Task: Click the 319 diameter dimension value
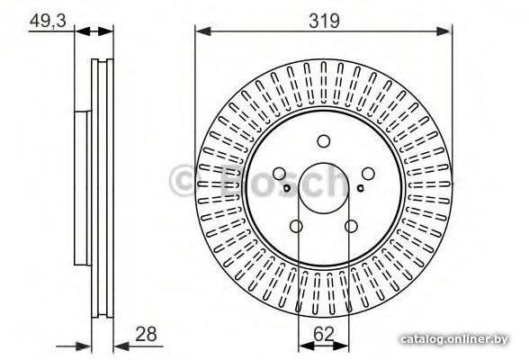(324, 21)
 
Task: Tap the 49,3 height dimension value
(48, 21)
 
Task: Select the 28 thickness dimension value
(146, 334)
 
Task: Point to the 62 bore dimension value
(324, 334)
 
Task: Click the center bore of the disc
(324, 188)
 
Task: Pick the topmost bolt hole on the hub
(324, 141)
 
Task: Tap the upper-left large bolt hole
(279, 174)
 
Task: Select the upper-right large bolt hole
(368, 174)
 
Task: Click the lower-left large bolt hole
(296, 226)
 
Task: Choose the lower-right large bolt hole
(351, 226)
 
